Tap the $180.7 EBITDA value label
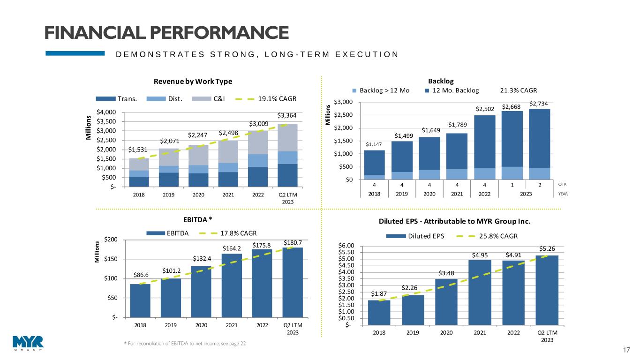tap(293, 242)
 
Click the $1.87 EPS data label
tap(379, 294)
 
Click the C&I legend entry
tap(220, 99)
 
